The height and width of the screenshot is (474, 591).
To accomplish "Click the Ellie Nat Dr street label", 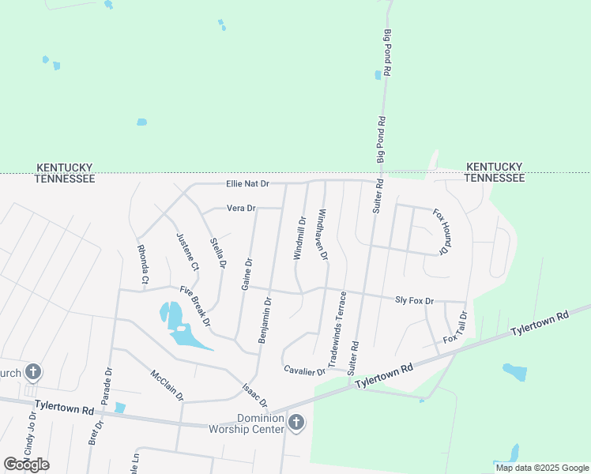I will click(247, 184).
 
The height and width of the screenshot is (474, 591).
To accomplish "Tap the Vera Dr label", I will click(241, 209).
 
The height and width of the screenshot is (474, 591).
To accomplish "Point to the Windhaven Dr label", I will click(322, 235).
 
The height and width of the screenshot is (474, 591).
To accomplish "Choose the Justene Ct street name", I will click(188, 251).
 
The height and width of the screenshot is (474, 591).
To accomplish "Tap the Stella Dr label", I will click(218, 251).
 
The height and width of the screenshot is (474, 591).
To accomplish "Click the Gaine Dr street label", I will click(247, 273).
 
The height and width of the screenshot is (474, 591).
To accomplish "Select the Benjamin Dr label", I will click(265, 320).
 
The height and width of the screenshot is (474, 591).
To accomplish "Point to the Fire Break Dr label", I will click(194, 306).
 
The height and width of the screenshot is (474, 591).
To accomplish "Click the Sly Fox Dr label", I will click(414, 301).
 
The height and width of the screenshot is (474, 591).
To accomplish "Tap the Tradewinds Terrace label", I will click(337, 329).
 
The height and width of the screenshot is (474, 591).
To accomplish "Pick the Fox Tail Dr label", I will click(457, 328).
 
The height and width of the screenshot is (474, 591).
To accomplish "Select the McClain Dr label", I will click(166, 384).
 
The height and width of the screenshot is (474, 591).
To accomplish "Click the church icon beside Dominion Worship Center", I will click(296, 423).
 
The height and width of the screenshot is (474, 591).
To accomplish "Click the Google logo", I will click(26, 465).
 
